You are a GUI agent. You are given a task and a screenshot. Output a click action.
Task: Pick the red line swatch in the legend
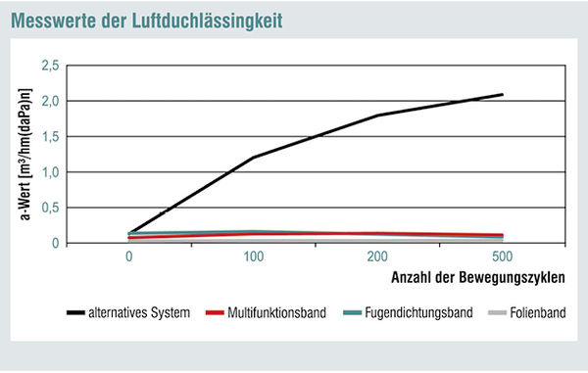tap(218, 313)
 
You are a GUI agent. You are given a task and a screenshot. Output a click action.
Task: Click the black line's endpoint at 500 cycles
tap(502, 95)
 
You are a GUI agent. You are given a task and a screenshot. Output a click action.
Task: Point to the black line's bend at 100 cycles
tap(253, 158)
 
